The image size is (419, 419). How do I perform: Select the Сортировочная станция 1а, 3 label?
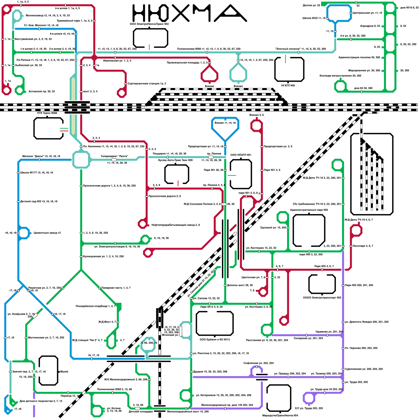point(147,84)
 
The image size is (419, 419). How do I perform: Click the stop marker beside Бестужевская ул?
point(13,39)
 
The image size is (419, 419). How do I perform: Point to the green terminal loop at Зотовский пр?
point(20,90)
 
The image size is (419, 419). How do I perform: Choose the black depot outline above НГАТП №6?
point(289,69)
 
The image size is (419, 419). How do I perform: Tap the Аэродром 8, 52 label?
point(370,26)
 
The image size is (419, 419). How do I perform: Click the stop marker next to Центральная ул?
point(351,13)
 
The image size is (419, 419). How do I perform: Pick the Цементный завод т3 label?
point(47,233)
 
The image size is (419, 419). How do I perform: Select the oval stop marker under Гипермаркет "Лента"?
point(114,160)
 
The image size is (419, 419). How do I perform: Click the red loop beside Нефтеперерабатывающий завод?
point(142,224)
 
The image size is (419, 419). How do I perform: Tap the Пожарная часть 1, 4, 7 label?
point(116,288)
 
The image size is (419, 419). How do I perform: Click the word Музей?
point(64,372)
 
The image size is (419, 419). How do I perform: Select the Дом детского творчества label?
point(41,401)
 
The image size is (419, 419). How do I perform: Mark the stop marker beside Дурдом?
point(191,372)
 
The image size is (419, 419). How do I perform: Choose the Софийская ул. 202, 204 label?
point(258,363)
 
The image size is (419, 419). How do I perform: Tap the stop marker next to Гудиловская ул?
point(343,369)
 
